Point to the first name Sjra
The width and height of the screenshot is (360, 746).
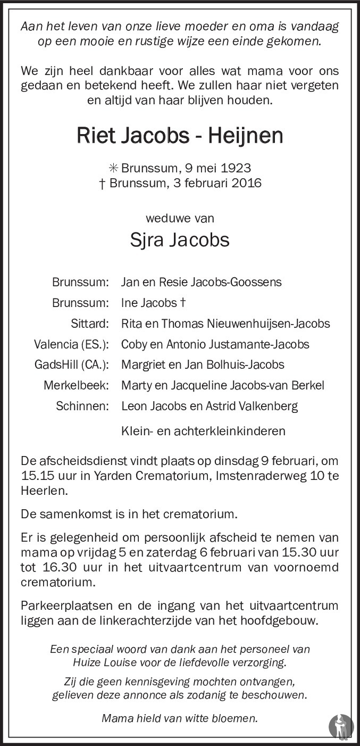click(x=147, y=239)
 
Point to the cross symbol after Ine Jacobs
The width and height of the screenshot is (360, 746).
click(x=182, y=303)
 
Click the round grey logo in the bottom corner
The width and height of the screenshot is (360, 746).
click(x=340, y=727)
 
